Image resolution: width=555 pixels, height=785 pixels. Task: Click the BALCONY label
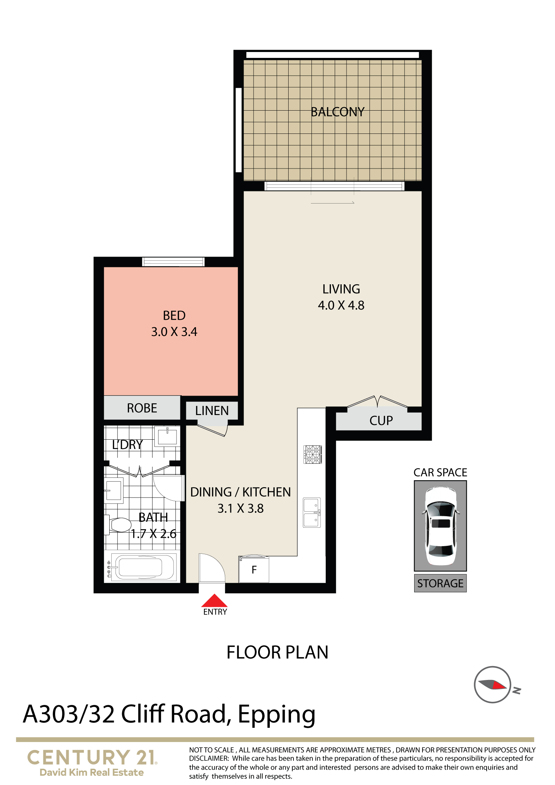[x=338, y=112]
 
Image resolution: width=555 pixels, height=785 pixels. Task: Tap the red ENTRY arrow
[x=214, y=600]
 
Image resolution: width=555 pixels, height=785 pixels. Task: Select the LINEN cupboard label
[x=212, y=411]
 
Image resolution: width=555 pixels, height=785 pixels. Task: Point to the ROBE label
[x=142, y=408]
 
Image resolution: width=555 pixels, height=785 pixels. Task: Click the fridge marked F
[x=254, y=569]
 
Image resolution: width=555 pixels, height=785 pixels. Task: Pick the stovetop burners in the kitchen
[x=313, y=455]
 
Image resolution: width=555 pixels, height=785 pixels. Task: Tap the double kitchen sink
[x=312, y=513]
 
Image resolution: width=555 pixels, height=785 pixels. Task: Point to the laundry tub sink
[x=167, y=436]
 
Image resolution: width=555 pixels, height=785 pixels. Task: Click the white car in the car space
[x=441, y=525]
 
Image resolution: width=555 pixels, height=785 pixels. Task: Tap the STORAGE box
[x=441, y=583]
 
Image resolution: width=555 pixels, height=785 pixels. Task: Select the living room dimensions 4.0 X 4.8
[x=341, y=305]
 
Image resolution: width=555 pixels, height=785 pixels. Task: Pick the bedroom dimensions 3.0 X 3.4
[x=174, y=332]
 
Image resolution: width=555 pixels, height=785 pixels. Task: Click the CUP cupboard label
[x=381, y=421]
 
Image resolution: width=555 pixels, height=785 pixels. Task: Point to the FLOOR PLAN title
[x=277, y=652]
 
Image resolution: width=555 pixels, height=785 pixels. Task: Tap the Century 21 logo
[x=92, y=762]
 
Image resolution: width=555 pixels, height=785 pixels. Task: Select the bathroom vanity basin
[x=114, y=490]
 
